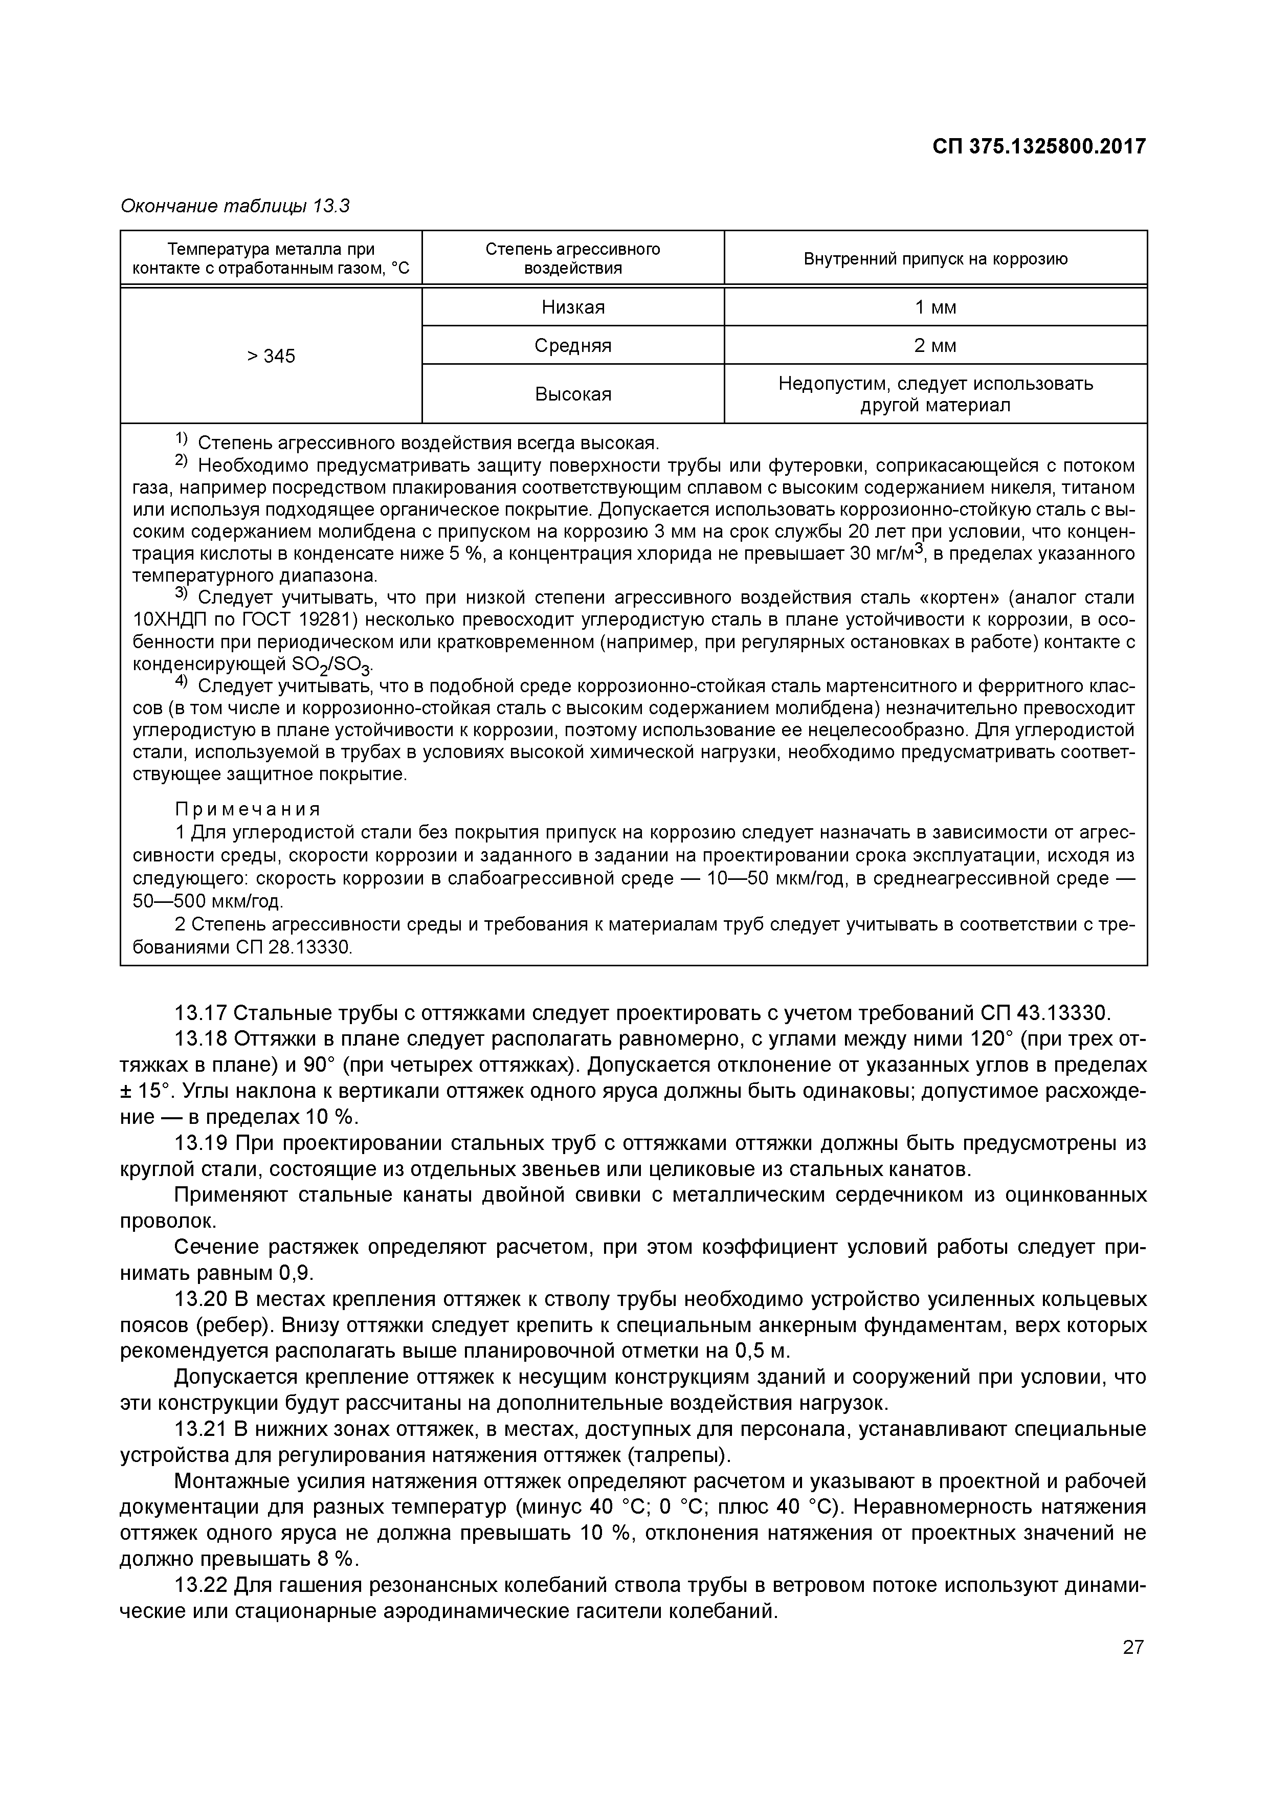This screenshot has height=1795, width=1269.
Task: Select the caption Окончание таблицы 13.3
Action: (235, 206)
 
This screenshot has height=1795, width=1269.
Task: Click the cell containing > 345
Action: (271, 357)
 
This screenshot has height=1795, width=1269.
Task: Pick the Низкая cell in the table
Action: (573, 307)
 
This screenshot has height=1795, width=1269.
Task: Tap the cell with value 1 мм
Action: (935, 307)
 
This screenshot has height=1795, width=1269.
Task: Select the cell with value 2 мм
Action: (935, 346)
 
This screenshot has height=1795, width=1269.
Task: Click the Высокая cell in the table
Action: (573, 394)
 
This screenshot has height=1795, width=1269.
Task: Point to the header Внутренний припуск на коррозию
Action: (935, 259)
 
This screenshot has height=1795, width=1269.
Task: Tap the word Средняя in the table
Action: (573, 346)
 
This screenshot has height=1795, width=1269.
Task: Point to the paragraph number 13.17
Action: (200, 1014)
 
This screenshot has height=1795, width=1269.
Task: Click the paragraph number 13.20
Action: (200, 1299)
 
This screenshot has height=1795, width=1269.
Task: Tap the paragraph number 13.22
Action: (200, 1585)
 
